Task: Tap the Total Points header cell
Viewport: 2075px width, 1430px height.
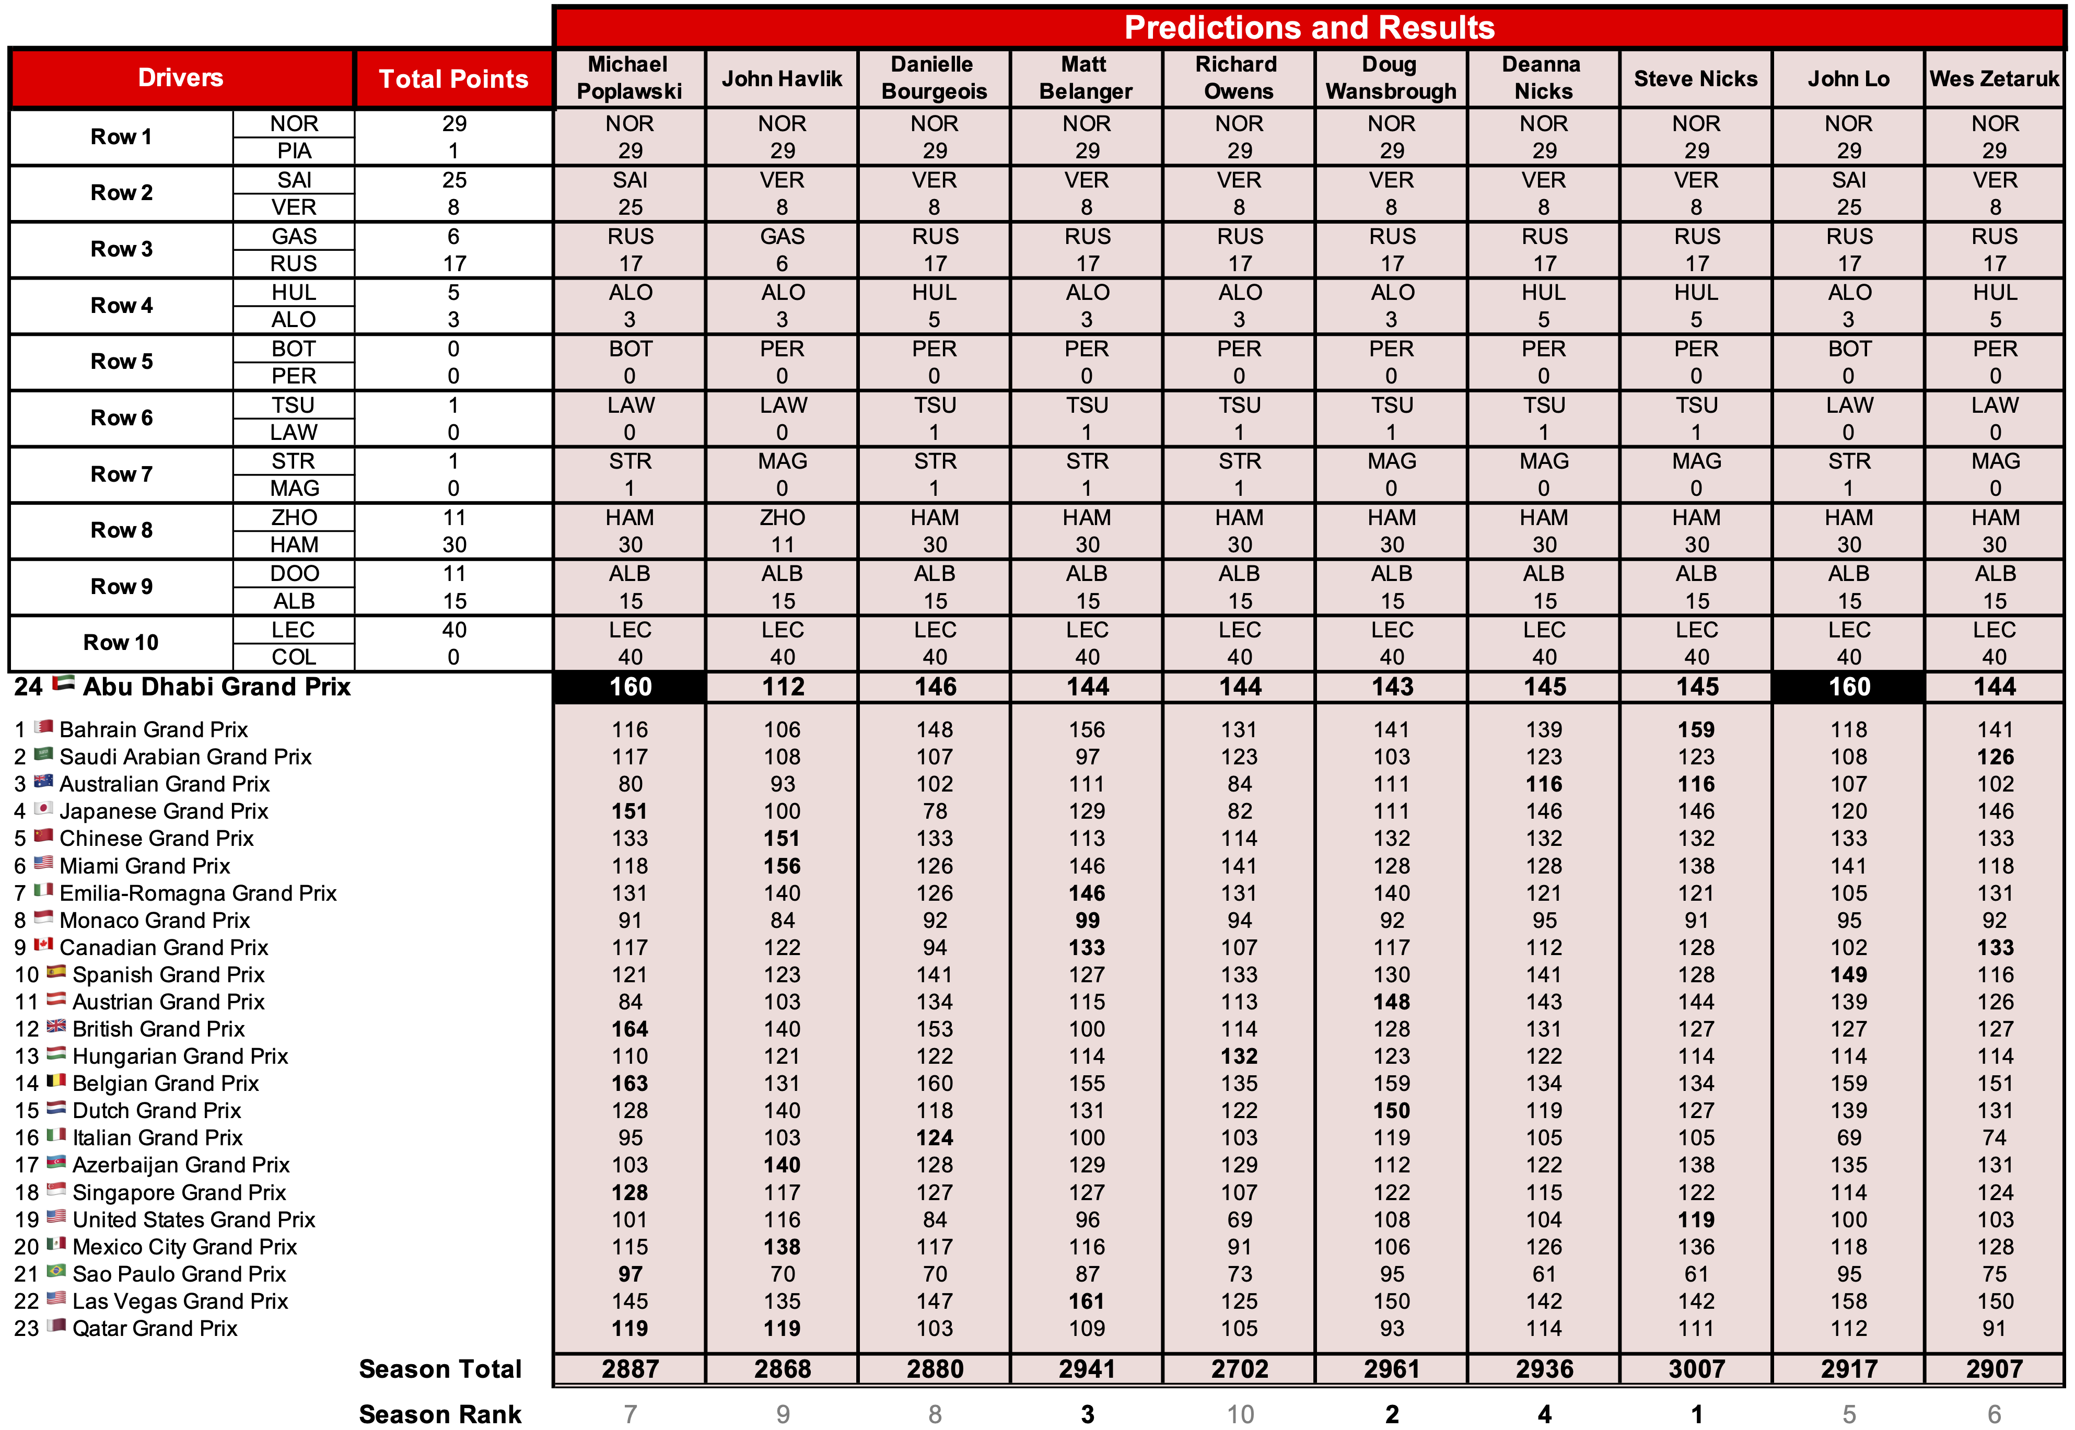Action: (453, 79)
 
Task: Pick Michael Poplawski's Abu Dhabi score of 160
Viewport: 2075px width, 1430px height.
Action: (630, 687)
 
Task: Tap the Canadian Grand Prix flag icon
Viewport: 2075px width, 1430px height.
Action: (43, 945)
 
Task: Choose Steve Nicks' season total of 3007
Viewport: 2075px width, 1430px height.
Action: (1696, 1369)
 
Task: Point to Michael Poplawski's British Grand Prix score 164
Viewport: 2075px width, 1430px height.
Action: (630, 1029)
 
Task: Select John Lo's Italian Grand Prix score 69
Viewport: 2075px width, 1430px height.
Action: (1848, 1138)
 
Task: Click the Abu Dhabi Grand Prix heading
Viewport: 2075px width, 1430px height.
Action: (216, 687)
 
